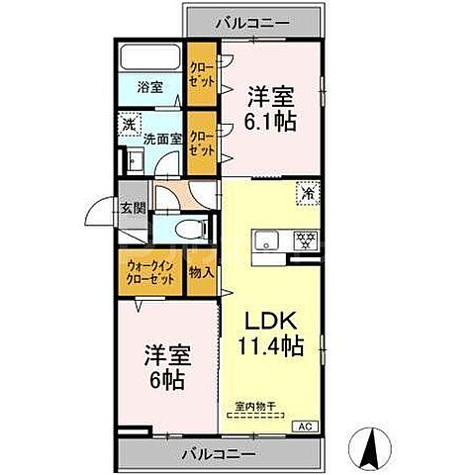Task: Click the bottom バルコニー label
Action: (219, 454)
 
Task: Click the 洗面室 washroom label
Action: (162, 140)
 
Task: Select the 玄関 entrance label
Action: (133, 207)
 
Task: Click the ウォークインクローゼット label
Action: (151, 273)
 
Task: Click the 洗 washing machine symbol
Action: (129, 126)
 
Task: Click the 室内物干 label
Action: (256, 405)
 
